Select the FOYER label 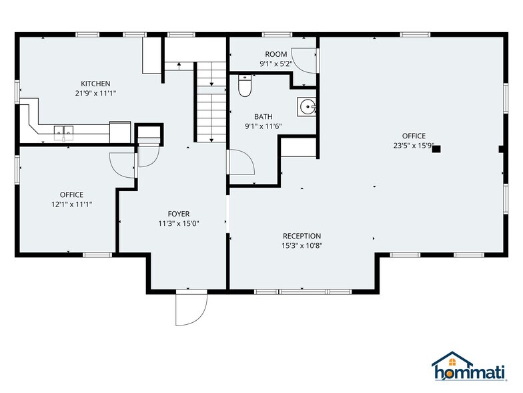[178, 214]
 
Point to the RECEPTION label [302, 236]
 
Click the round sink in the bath [307, 106]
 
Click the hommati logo [471, 366]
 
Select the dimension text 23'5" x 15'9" [414, 146]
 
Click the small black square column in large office [436, 149]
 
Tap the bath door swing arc [241, 163]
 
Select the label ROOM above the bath [276, 55]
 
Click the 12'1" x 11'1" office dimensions [71, 205]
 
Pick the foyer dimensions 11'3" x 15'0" [178, 223]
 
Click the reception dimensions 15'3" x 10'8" [302, 245]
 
